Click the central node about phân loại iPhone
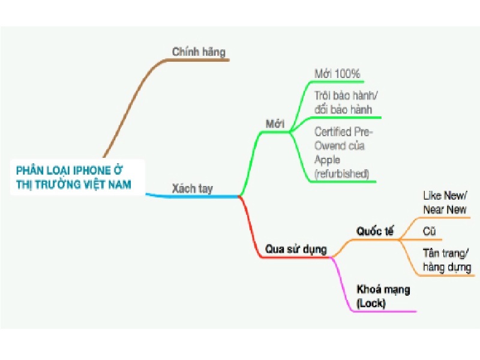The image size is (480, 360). pyautogui.click(x=77, y=177)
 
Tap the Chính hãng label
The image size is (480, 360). pyautogui.click(x=199, y=52)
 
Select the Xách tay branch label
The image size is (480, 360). pyautogui.click(x=192, y=188)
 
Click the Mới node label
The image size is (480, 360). pyautogui.click(x=275, y=124)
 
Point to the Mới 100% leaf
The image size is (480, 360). pyautogui.click(x=337, y=73)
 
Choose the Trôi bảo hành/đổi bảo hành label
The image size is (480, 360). pyautogui.click(x=346, y=102)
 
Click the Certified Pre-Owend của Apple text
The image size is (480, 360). pyautogui.click(x=343, y=153)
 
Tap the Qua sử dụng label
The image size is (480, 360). pyautogui.click(x=296, y=249)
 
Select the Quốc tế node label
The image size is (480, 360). pyautogui.click(x=375, y=231)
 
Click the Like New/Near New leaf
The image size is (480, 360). pyautogui.click(x=445, y=202)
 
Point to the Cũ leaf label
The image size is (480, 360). pyautogui.click(x=429, y=231)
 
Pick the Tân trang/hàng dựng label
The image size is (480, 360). pyautogui.click(x=447, y=260)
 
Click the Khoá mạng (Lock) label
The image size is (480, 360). pyautogui.click(x=383, y=296)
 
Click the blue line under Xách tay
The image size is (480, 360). pyautogui.click(x=192, y=196)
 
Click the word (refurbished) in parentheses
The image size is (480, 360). pyautogui.click(x=341, y=173)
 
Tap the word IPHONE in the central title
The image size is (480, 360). pyautogui.click(x=92, y=170)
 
